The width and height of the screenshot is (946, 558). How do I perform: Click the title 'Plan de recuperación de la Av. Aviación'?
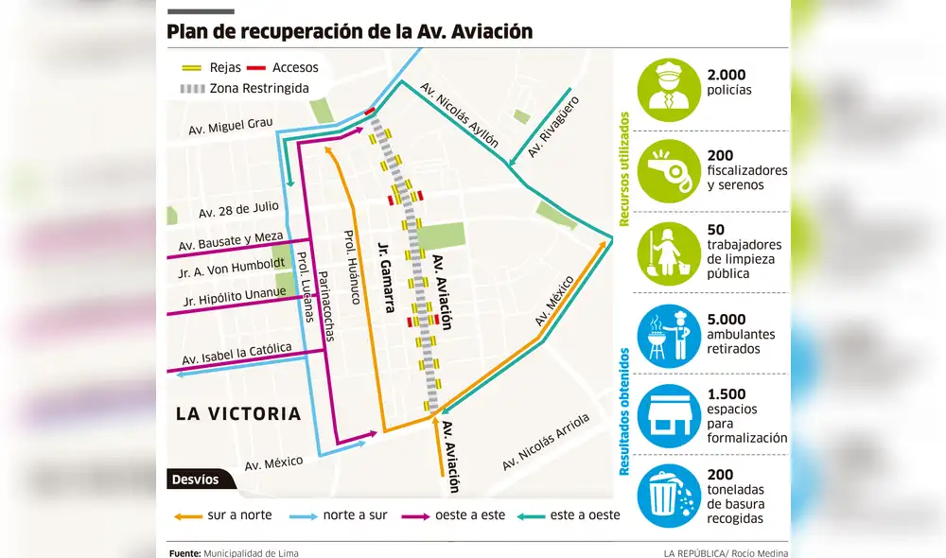349,31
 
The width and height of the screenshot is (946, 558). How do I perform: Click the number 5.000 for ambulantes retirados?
727,320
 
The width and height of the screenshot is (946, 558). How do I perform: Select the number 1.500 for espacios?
727,394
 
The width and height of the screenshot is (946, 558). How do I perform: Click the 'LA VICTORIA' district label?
238,413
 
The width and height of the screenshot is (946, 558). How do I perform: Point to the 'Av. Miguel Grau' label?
230,129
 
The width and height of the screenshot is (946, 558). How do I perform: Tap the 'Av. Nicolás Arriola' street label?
546,442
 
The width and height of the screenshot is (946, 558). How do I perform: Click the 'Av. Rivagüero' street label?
552,125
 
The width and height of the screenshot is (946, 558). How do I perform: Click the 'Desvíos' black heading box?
195,480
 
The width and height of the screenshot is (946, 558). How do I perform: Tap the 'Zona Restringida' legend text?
259,89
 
